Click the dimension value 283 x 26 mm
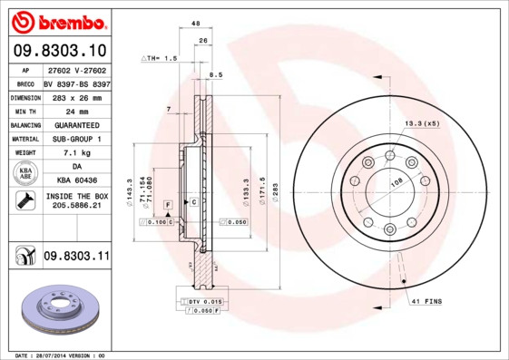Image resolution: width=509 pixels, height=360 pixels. pos(75,95)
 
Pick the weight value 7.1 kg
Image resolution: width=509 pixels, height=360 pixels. pos(75,153)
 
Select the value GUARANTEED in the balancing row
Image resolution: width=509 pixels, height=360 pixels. pos(75,124)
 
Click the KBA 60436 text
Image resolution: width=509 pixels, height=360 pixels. pos(75,181)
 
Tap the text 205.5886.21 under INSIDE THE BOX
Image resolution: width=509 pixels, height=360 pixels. pos(75,207)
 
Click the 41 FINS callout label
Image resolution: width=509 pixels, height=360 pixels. pos(426,300)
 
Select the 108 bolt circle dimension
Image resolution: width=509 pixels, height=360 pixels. pos(396,181)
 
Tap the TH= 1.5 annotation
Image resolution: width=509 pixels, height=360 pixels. pos(161,57)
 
